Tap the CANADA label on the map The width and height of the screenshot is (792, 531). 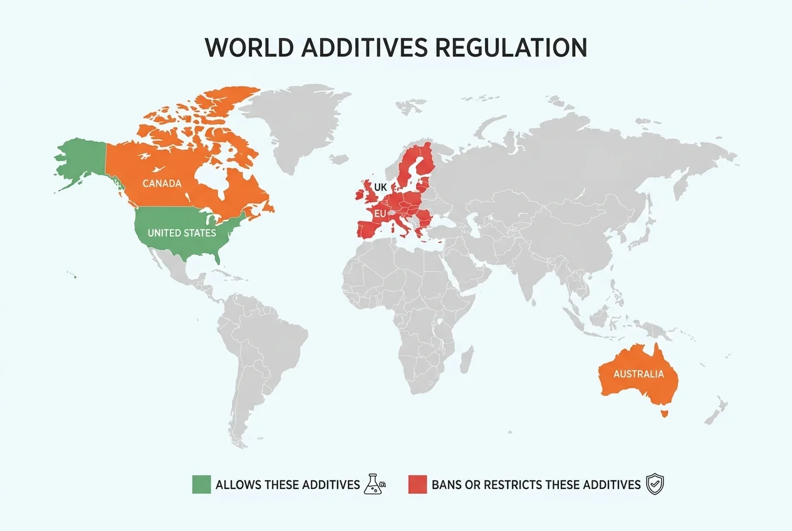point(162,183)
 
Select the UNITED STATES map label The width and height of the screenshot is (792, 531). point(182,233)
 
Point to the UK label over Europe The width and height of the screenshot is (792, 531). point(380,187)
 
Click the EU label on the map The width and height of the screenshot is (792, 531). point(380,214)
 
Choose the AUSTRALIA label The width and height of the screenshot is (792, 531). point(638,374)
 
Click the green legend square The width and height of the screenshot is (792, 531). point(201,484)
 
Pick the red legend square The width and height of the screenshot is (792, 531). point(417,484)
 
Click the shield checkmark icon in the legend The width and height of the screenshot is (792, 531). point(655,484)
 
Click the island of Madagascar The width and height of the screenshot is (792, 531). point(467,359)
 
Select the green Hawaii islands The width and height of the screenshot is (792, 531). point(73,274)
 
